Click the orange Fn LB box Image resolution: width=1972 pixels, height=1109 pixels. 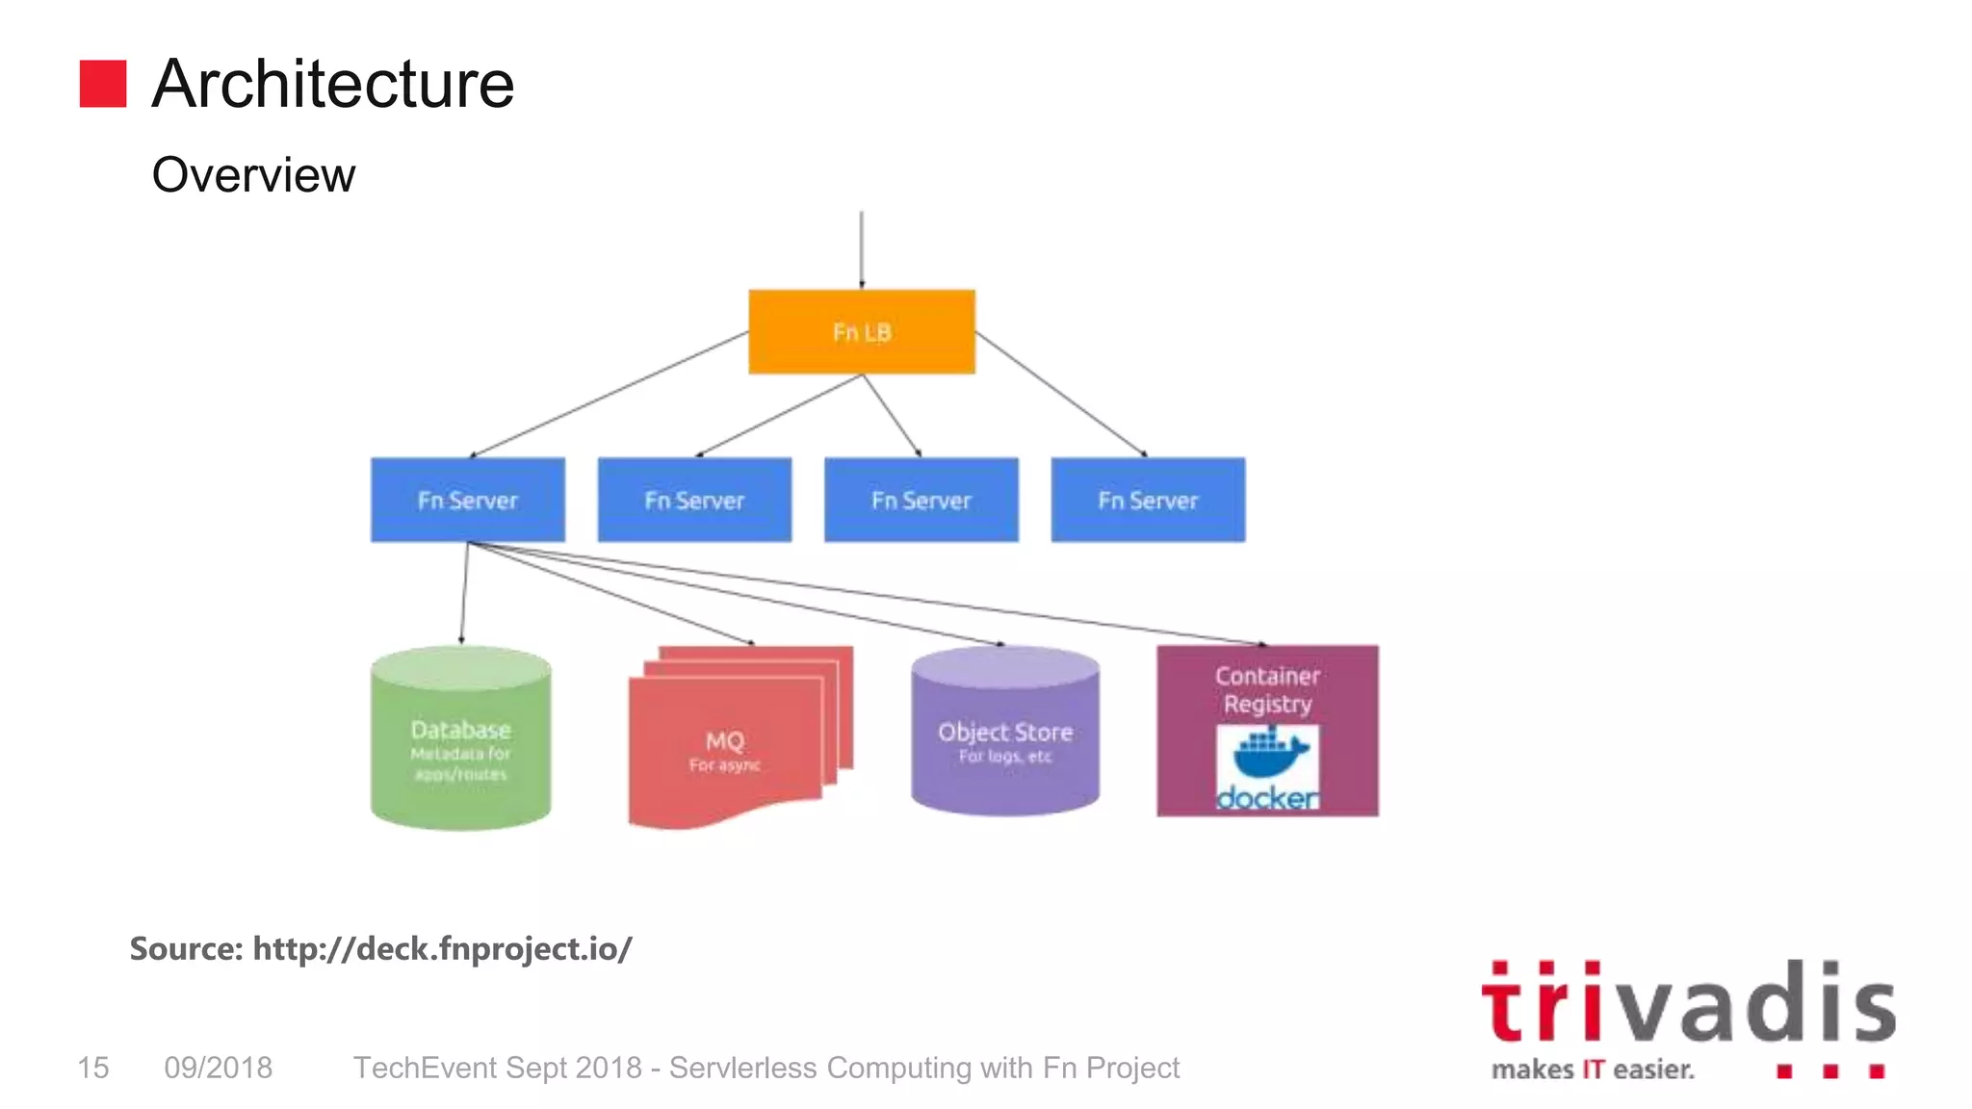click(862, 331)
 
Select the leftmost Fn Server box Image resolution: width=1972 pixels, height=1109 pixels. click(468, 500)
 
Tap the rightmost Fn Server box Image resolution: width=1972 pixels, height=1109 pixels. click(1148, 500)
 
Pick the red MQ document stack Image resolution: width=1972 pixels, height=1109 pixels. click(727, 741)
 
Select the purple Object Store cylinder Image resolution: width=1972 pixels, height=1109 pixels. click(1005, 736)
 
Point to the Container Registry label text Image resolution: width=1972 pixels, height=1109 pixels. click(1267, 689)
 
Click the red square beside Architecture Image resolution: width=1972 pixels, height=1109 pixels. click(103, 84)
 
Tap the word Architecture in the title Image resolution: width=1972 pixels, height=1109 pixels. click(333, 84)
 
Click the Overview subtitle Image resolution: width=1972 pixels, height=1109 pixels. click(253, 175)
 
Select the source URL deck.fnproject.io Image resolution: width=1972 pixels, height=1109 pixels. click(443, 949)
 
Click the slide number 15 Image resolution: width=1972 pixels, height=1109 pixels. click(93, 1068)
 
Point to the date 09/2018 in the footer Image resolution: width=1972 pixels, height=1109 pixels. click(219, 1068)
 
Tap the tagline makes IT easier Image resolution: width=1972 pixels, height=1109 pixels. click(1593, 1070)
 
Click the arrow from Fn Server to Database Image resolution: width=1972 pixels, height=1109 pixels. click(464, 593)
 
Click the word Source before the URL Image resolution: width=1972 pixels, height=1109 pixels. click(186, 949)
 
